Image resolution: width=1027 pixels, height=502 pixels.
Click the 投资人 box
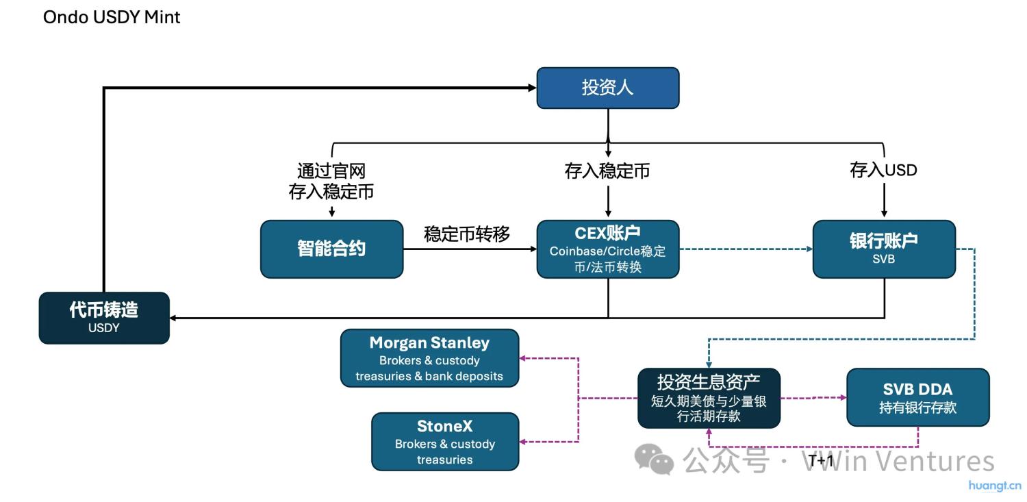click(x=607, y=88)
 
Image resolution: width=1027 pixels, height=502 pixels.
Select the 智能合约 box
click(x=331, y=249)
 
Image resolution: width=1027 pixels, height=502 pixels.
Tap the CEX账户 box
click(x=607, y=249)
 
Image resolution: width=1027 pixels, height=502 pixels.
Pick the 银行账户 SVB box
click(x=883, y=249)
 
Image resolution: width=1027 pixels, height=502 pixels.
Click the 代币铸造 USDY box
click(x=103, y=318)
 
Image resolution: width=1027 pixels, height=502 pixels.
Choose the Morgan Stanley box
click(x=429, y=358)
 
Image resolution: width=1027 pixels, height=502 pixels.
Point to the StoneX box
click(x=445, y=441)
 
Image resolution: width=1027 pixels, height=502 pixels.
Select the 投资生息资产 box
click(x=709, y=398)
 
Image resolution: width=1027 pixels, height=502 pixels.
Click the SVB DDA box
click(x=917, y=397)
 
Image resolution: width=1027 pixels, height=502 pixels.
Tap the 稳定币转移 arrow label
click(x=467, y=234)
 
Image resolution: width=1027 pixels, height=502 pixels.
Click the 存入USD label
click(x=883, y=171)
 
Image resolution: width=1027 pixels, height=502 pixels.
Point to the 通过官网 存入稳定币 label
click(x=331, y=181)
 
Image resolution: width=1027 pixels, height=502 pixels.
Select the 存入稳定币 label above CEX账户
click(x=607, y=171)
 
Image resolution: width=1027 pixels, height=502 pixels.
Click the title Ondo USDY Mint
click(x=112, y=17)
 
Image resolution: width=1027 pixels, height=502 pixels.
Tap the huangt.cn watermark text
click(x=994, y=486)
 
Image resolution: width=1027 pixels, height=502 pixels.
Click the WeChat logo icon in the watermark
click(x=654, y=458)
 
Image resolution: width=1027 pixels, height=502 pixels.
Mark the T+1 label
click(x=821, y=461)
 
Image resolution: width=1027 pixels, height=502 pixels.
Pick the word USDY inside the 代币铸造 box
click(x=103, y=328)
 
